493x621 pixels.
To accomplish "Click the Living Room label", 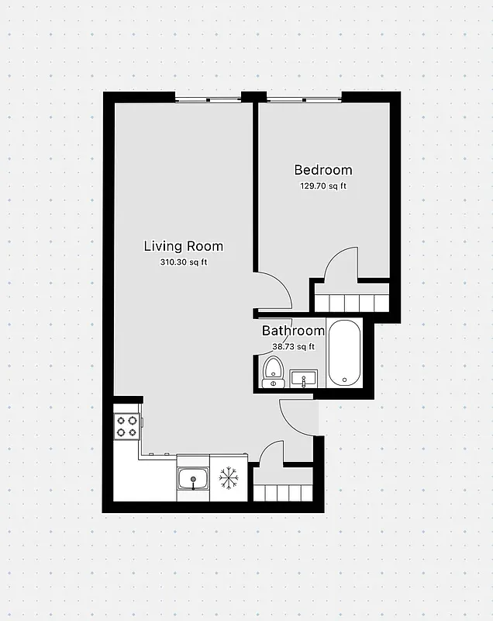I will [x=183, y=246].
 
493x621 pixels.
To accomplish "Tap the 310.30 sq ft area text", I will [x=183, y=262].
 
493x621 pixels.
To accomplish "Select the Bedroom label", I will [x=322, y=170].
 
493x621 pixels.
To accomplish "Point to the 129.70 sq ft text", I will [x=322, y=186].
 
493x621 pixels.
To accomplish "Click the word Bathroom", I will [x=293, y=331].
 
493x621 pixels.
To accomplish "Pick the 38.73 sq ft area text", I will [x=293, y=347].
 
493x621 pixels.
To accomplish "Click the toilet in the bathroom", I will [x=273, y=371].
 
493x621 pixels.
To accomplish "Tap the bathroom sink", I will [x=304, y=379].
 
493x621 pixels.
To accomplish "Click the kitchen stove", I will [x=126, y=425].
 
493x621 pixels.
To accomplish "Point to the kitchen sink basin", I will [x=192, y=480].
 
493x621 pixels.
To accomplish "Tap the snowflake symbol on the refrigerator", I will [x=228, y=478].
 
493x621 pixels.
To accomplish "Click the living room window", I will [x=207, y=98].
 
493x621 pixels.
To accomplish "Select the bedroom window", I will [x=303, y=98].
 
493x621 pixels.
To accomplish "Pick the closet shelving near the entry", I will [x=282, y=493].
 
